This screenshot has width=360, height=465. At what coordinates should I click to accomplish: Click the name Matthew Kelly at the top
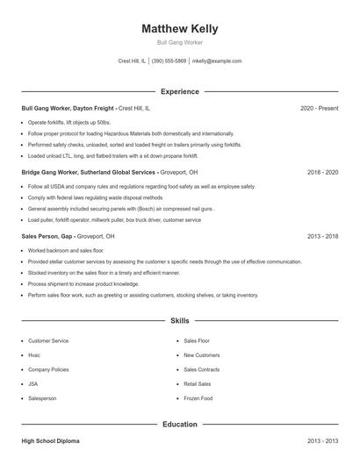(179, 29)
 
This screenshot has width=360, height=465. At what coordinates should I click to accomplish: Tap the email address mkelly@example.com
(216, 61)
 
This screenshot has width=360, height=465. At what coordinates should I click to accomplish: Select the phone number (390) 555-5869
(169, 61)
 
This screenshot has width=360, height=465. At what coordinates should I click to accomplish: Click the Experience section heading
(179, 91)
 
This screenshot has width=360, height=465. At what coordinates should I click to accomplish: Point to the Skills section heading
(179, 322)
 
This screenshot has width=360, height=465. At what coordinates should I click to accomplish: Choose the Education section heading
(179, 425)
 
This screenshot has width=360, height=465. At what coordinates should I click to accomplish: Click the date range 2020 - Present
(319, 108)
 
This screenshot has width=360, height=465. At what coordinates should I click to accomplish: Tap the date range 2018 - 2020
(322, 173)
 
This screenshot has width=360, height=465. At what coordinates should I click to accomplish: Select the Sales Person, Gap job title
(49, 237)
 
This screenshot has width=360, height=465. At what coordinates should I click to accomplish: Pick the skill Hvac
(34, 355)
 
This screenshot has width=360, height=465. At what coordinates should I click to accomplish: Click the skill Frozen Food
(198, 398)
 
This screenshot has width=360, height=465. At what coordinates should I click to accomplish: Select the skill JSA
(33, 383)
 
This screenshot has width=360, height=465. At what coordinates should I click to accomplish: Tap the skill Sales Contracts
(202, 369)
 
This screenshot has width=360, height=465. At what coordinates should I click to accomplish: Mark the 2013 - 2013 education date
(322, 441)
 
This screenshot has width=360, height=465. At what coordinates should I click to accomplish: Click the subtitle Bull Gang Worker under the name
(179, 42)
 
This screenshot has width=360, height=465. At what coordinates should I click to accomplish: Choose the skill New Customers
(202, 355)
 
